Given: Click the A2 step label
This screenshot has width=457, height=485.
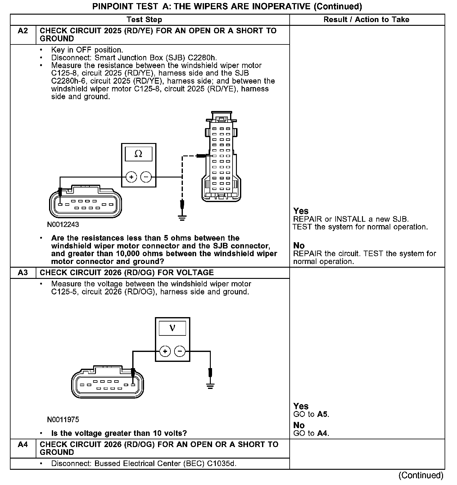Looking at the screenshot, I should pos(23,31).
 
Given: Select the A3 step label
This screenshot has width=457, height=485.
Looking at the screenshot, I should pos(23,273).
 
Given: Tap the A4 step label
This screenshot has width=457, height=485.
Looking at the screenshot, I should pos(23,445).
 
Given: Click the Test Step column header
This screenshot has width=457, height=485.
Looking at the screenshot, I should pos(144,20).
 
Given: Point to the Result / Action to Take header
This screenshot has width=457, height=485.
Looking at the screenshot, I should pos(366,20).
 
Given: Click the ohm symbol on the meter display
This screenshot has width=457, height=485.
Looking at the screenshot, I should pos(138,154).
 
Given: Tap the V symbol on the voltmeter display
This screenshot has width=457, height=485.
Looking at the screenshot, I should pos(172,328).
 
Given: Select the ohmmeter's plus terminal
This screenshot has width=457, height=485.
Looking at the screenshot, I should pos(131,177).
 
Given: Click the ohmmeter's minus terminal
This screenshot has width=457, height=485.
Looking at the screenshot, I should pos(146,177).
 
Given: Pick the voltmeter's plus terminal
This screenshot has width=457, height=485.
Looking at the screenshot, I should pos(165,351).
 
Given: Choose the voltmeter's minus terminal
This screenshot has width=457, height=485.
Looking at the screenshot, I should pos(180,351).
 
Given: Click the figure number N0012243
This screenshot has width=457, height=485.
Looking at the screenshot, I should pos(63,224).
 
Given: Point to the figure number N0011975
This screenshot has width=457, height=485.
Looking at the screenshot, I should pos(63,420).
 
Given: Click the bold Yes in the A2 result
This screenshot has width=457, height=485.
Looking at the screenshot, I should pos(301,211).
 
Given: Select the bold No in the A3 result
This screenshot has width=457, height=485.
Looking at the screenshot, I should pos(299,425).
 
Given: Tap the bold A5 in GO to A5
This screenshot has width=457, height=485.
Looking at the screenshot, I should pos(323,414).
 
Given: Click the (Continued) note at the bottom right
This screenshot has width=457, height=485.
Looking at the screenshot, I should pos(421,475).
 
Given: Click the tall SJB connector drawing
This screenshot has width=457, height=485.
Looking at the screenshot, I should pos(221,155).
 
